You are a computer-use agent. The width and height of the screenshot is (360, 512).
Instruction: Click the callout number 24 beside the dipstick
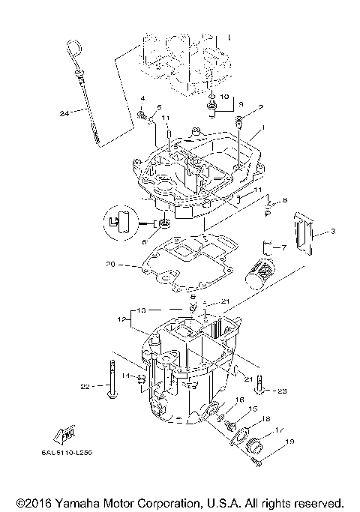65,113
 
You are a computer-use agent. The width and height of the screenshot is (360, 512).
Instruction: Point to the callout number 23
281,391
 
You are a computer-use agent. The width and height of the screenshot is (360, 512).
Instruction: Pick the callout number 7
283,247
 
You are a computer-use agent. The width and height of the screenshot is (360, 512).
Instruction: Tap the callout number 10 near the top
224,97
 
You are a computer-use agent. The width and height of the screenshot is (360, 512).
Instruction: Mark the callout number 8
284,201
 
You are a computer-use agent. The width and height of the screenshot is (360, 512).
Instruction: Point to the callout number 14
125,375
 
